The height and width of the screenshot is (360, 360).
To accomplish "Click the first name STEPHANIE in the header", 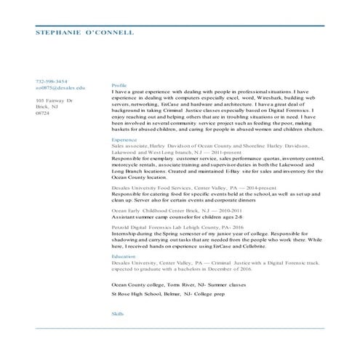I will pos(58,33).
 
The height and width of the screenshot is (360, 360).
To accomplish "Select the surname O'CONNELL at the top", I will pos(110,33).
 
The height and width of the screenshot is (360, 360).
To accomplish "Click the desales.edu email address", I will pos(60,87).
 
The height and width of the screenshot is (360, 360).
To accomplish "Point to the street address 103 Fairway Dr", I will pos(54,100).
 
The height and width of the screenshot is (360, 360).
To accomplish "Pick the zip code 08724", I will pos(43,113).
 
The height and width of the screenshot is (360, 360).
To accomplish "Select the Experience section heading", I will pos(124,139).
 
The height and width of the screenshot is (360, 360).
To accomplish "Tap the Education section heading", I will pos(124,257).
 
